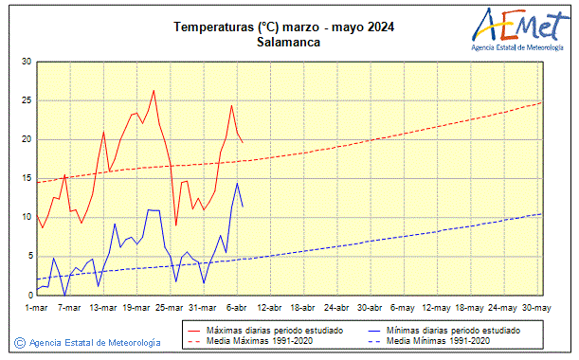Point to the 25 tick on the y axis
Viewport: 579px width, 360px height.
point(27,100)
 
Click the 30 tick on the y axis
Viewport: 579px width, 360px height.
point(27,62)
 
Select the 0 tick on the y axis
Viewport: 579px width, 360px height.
point(29,295)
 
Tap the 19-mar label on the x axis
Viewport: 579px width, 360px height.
point(136,308)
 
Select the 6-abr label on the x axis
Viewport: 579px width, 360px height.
point(236,308)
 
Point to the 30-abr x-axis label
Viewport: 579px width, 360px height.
point(370,308)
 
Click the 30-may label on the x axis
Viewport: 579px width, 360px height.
point(536,308)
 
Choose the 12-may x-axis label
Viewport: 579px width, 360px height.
point(437,308)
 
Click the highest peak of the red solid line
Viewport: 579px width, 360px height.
point(154,90)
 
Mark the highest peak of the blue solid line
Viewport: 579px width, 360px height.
point(237,183)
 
